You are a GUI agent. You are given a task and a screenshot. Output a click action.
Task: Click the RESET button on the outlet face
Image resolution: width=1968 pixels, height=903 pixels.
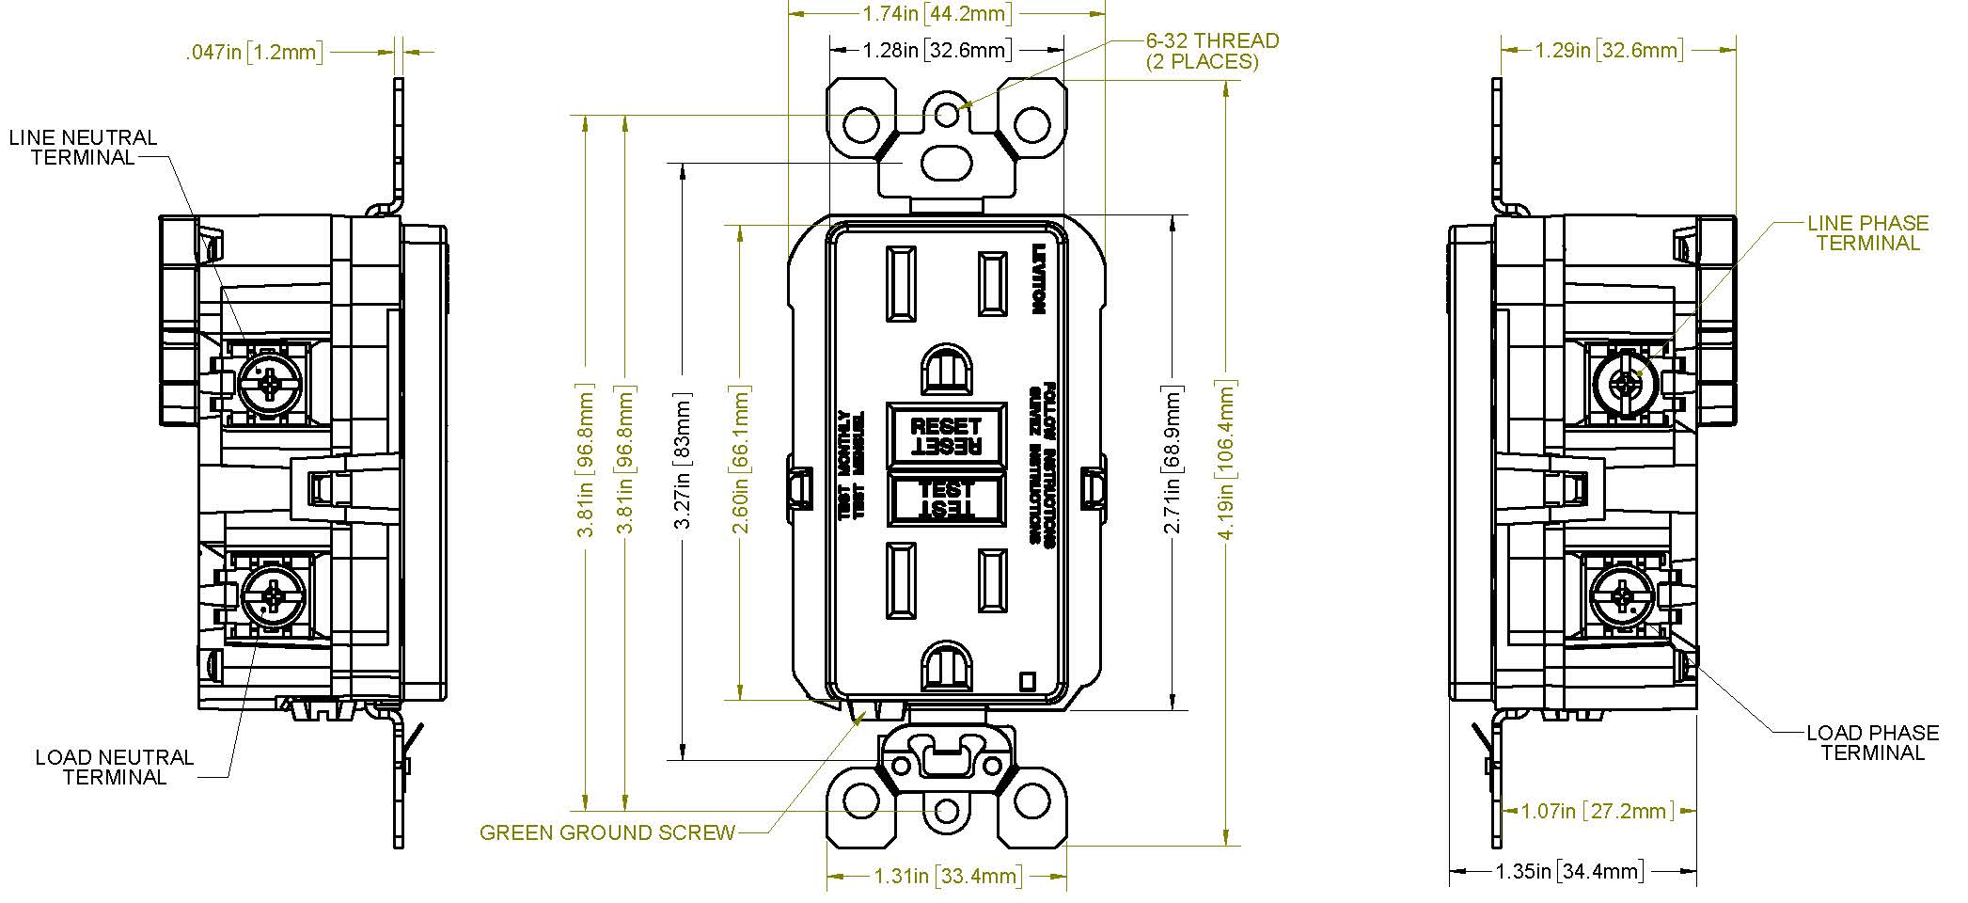pyautogui.click(x=945, y=436)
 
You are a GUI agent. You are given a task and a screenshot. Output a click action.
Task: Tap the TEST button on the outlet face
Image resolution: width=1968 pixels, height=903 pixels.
pyautogui.click(x=945, y=499)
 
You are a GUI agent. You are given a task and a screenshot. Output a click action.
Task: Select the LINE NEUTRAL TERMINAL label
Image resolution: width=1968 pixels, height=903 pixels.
pyautogui.click(x=84, y=148)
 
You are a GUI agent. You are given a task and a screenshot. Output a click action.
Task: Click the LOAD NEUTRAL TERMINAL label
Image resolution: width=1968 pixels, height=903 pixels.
pyautogui.click(x=115, y=768)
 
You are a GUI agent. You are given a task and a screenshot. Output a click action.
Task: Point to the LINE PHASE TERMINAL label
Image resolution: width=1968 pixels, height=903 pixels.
pyautogui.click(x=1867, y=233)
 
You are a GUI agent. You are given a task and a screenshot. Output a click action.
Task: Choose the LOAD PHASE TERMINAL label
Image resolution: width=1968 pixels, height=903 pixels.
pyautogui.click(x=1872, y=743)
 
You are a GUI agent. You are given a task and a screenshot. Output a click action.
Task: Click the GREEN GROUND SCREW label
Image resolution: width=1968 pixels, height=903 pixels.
pyautogui.click(x=607, y=833)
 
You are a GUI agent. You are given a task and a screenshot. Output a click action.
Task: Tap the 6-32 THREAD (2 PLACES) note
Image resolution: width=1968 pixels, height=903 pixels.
pyautogui.click(x=1211, y=51)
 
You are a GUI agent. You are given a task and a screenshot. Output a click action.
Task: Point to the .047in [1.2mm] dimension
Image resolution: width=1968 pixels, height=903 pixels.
pyautogui.click(x=254, y=53)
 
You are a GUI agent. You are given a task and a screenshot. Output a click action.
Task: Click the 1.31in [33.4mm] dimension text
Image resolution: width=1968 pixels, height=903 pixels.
pyautogui.click(x=947, y=877)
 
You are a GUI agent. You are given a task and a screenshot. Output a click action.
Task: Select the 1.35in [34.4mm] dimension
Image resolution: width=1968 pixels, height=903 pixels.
pyautogui.click(x=1569, y=872)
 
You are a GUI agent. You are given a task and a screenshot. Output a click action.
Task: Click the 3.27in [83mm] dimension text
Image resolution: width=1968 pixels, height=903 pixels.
pyautogui.click(x=684, y=461)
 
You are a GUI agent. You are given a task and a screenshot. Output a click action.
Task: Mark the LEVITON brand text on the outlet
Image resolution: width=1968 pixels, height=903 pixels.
pyautogui.click(x=1039, y=279)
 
